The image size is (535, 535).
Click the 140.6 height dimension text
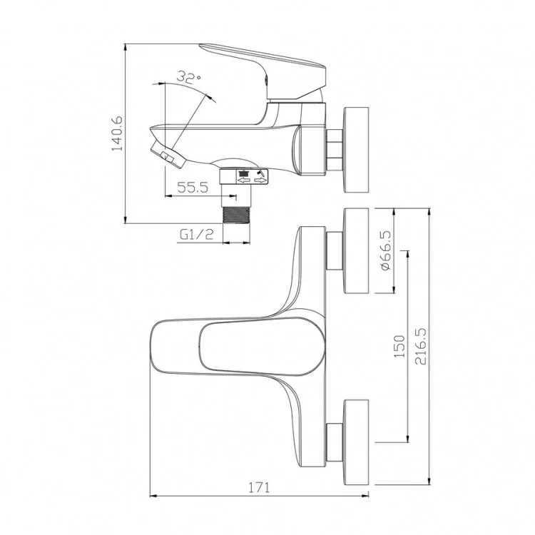point(117,133)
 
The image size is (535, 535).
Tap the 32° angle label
point(188,77)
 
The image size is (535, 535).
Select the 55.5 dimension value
point(193,188)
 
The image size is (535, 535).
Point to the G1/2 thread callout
point(197,235)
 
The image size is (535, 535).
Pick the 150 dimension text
point(399,346)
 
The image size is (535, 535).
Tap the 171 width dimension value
point(259,487)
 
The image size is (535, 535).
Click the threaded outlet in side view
point(236,215)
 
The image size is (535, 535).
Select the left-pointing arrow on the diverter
point(244,180)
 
